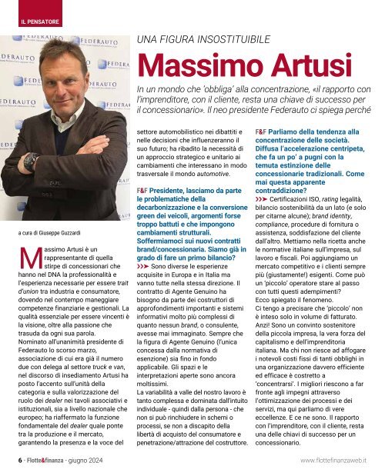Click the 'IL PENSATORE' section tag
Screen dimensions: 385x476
tap(39, 10)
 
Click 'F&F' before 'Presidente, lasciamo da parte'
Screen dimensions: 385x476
tap(144, 188)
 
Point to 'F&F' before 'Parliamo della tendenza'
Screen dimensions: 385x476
tap(263, 132)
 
